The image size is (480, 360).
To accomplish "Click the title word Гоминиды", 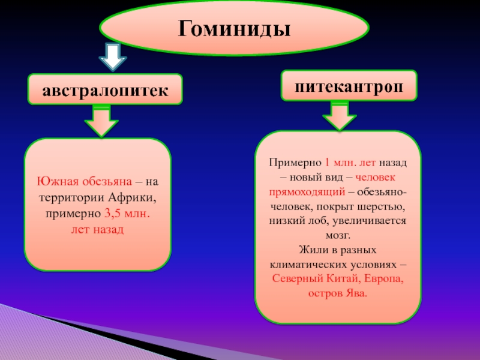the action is [234, 28].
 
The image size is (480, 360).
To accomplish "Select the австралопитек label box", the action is [104, 89].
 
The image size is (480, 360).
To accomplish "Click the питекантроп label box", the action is [349, 85].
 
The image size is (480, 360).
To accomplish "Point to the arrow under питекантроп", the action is [340, 116].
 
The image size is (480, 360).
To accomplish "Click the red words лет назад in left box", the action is [97, 230].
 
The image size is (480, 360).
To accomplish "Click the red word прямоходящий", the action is [305, 192].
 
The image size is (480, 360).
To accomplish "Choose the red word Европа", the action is [382, 279].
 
